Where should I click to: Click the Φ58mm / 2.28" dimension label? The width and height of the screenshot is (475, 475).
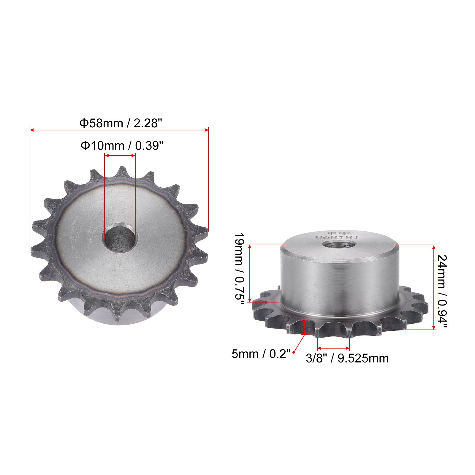[x=119, y=123]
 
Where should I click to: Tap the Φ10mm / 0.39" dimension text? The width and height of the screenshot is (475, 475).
[x=122, y=145]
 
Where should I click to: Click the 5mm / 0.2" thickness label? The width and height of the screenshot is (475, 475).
[x=261, y=354]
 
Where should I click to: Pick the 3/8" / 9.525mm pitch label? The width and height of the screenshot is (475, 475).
[x=347, y=358]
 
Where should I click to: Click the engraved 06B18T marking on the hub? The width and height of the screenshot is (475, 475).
[x=337, y=237]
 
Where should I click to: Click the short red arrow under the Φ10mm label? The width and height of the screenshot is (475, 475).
[x=120, y=155]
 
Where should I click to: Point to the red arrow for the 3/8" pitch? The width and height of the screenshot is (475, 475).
[x=333, y=348]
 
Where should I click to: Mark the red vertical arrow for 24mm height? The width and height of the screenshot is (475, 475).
[x=435, y=287]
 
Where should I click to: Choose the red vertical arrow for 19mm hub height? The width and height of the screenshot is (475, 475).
[x=250, y=273]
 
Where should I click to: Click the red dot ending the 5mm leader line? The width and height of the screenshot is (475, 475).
[x=294, y=352]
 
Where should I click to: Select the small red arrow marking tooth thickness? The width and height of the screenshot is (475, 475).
[x=304, y=327]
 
